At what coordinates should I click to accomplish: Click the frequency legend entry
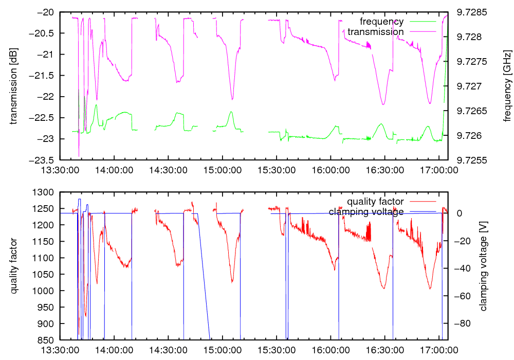point(381,22)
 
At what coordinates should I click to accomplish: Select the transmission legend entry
point(375,31)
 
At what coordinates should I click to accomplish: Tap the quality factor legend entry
point(375,201)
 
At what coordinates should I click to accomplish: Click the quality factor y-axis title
point(14,266)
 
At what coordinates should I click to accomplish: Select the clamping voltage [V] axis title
point(483,266)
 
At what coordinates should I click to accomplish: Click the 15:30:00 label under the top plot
point(277,169)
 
